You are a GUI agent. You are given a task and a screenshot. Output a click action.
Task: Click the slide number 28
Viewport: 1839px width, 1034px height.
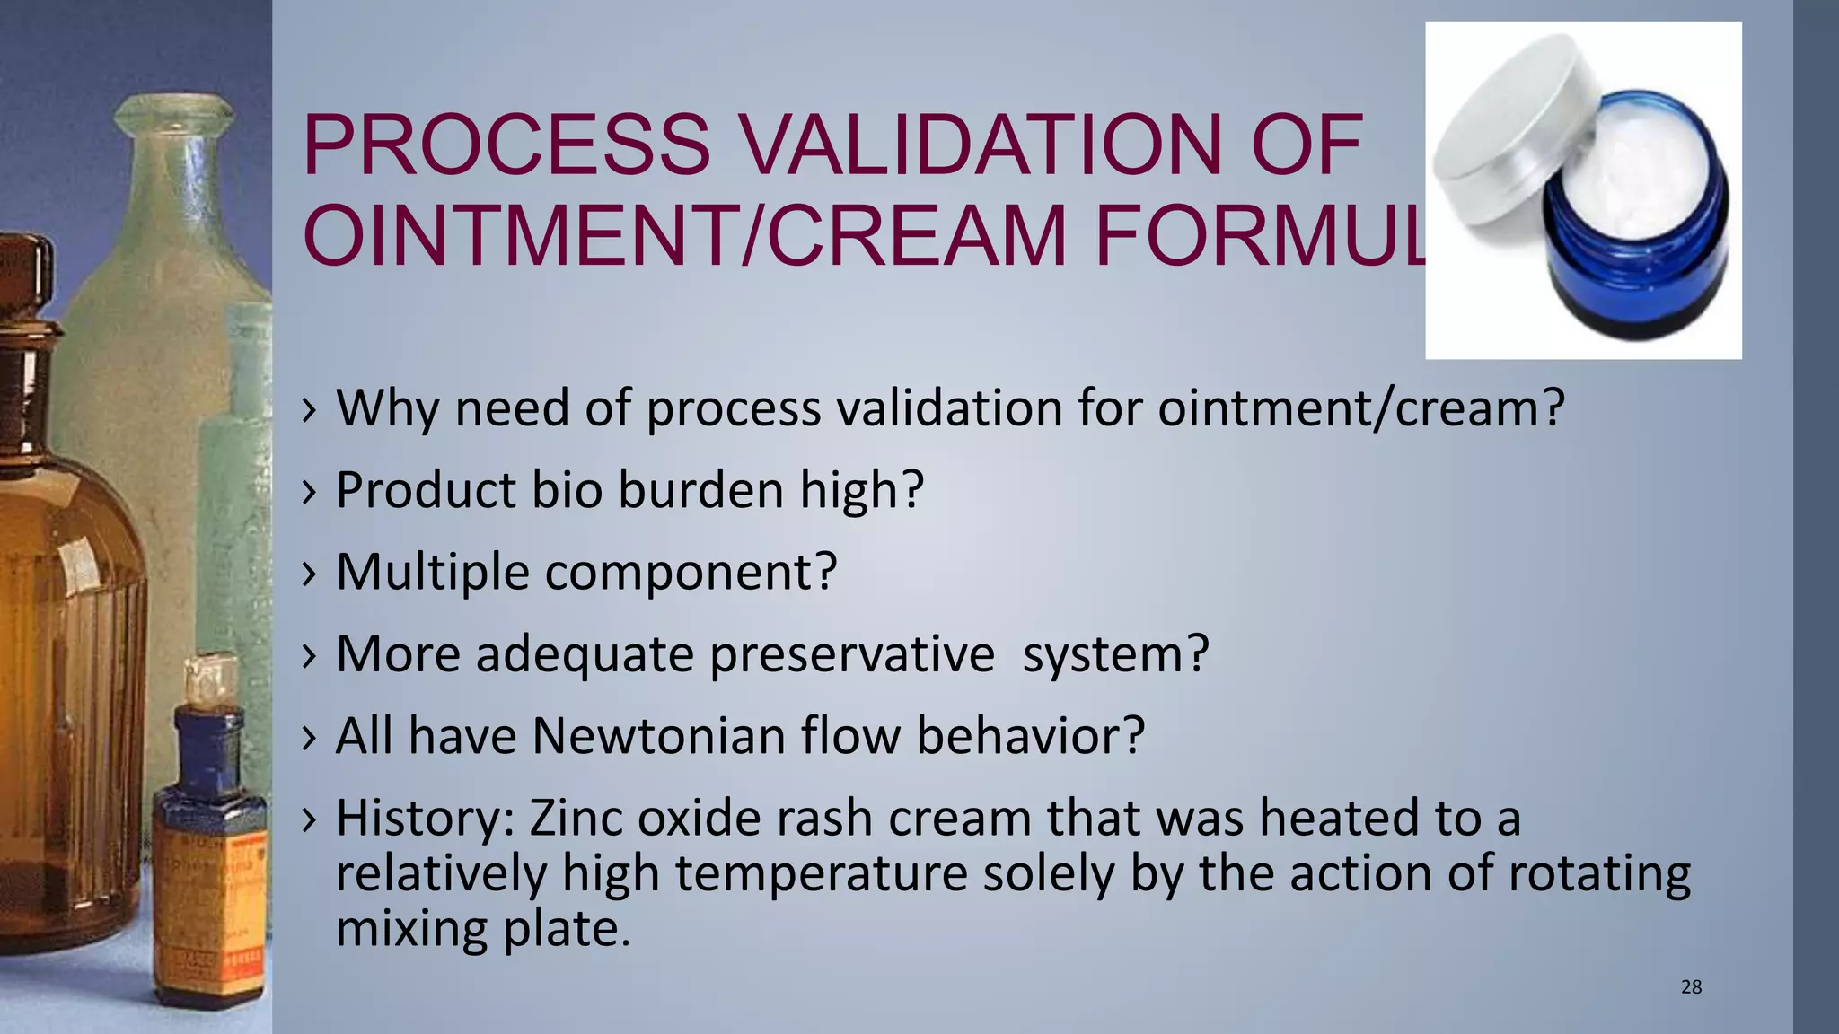pos(1691,987)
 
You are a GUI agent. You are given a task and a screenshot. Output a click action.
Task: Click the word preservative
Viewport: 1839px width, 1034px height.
pos(851,653)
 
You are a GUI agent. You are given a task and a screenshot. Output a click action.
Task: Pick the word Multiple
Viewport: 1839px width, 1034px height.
pos(432,572)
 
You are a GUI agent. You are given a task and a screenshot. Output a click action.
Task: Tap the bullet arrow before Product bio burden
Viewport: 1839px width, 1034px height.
pos(310,491)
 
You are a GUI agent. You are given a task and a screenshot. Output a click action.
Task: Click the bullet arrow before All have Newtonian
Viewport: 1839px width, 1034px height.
pos(310,737)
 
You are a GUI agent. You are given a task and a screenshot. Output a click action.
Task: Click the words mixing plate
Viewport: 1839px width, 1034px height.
pos(482,928)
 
